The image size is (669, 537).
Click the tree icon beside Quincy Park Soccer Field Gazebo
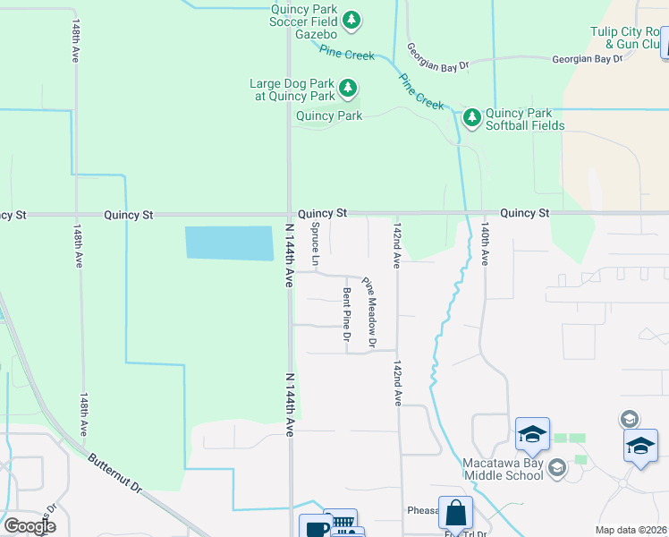351,19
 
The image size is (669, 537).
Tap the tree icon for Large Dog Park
348,89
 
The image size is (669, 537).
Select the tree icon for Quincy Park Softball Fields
471,117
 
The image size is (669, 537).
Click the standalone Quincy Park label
329,115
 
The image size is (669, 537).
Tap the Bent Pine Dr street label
346,314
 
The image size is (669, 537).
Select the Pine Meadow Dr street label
369,311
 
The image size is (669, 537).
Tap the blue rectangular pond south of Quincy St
229,243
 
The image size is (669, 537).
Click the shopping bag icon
455,514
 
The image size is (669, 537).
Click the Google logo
30,526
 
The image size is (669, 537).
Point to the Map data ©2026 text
631,530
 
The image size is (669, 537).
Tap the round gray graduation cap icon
629,419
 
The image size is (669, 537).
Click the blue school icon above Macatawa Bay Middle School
532,434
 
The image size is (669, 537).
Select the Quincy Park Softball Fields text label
524,119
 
